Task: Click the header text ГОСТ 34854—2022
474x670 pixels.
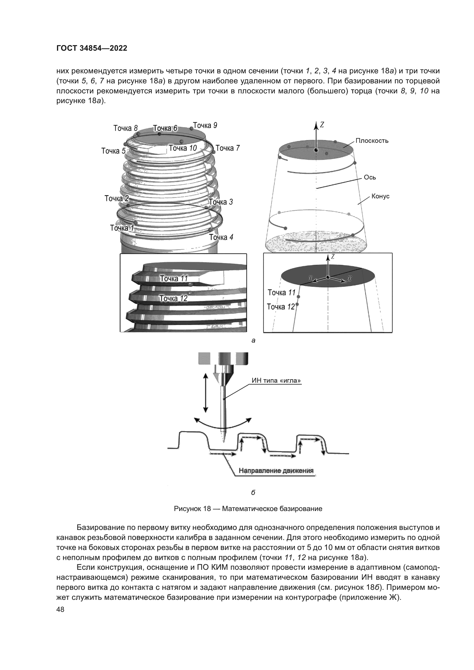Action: click(x=92, y=48)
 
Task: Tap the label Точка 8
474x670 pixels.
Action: click(x=126, y=128)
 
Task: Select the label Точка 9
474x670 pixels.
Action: click(x=205, y=125)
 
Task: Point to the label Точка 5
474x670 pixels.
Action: click(x=113, y=151)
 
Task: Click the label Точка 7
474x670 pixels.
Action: click(x=228, y=148)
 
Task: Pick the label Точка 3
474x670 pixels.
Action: click(x=221, y=202)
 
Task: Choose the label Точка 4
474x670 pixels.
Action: click(x=221, y=237)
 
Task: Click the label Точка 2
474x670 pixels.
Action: click(x=116, y=199)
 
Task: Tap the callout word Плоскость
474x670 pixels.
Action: click(x=372, y=141)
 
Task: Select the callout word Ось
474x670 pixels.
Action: click(x=370, y=177)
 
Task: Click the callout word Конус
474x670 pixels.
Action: click(x=380, y=197)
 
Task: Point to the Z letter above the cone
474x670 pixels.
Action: click(x=322, y=125)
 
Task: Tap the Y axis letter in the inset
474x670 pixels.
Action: click(x=311, y=278)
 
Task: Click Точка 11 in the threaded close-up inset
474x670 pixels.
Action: click(x=174, y=278)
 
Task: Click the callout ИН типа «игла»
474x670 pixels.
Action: click(x=276, y=380)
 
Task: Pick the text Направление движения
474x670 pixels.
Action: click(x=276, y=471)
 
